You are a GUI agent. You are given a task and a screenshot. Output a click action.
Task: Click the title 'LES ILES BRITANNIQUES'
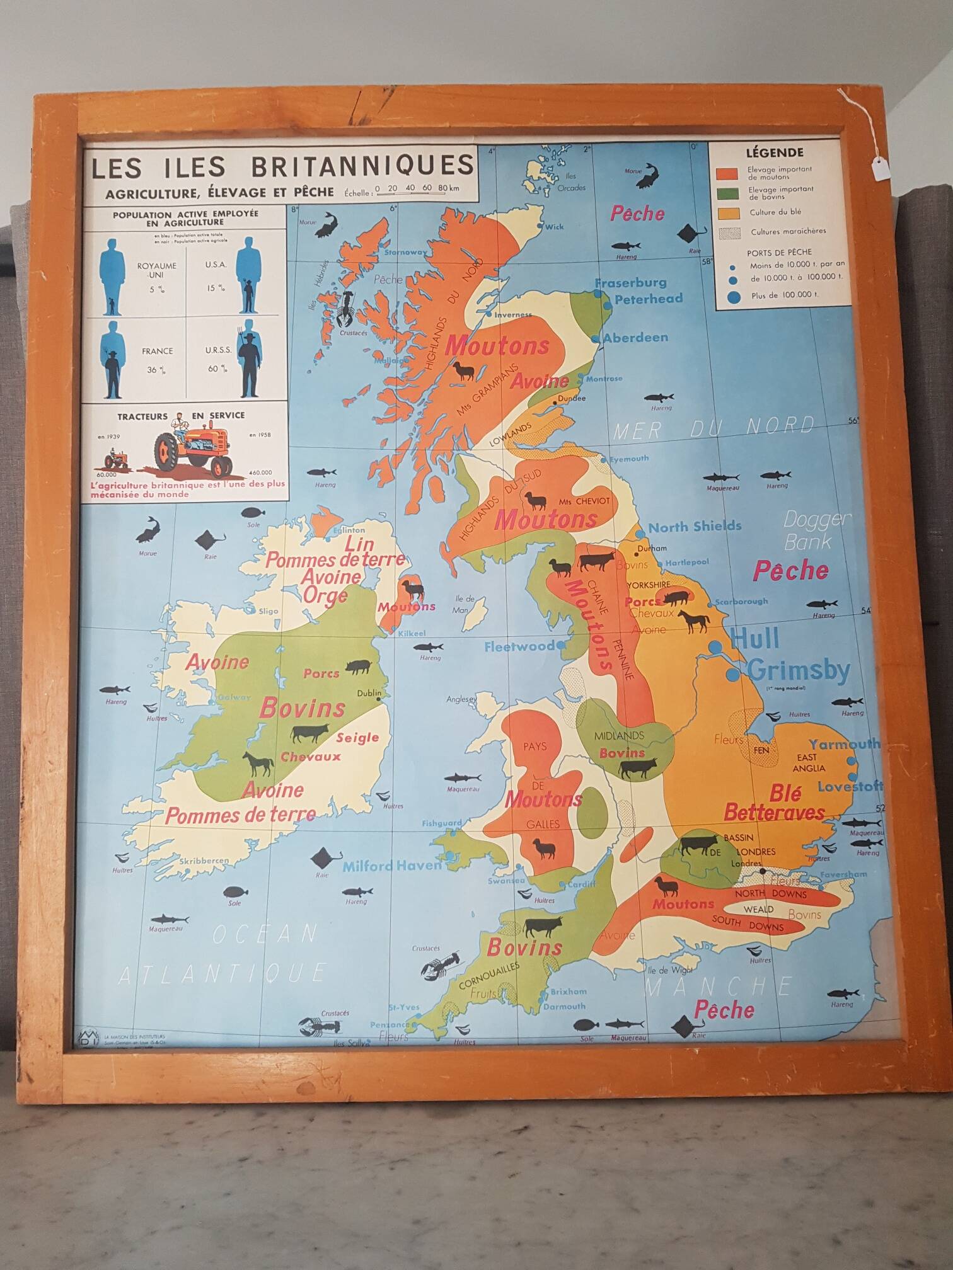click(x=282, y=166)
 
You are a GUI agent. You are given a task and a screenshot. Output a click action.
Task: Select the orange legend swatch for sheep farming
click(x=727, y=173)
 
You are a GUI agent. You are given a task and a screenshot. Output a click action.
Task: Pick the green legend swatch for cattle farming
click(x=727, y=193)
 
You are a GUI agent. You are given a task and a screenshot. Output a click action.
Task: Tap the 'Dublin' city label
click(x=369, y=693)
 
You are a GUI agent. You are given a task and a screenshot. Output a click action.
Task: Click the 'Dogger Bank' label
click(x=817, y=530)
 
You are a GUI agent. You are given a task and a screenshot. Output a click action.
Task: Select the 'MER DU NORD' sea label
click(x=713, y=428)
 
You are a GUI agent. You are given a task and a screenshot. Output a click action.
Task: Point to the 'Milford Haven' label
click(x=391, y=866)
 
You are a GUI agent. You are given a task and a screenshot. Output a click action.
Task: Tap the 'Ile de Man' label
click(x=465, y=604)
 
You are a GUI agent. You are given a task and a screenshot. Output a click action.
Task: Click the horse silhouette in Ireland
click(x=258, y=764)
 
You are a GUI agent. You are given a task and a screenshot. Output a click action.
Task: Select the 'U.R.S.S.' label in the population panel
click(x=218, y=350)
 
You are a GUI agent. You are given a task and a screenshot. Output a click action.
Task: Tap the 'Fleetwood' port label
click(x=519, y=646)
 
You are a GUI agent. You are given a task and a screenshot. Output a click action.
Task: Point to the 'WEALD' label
click(x=758, y=910)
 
